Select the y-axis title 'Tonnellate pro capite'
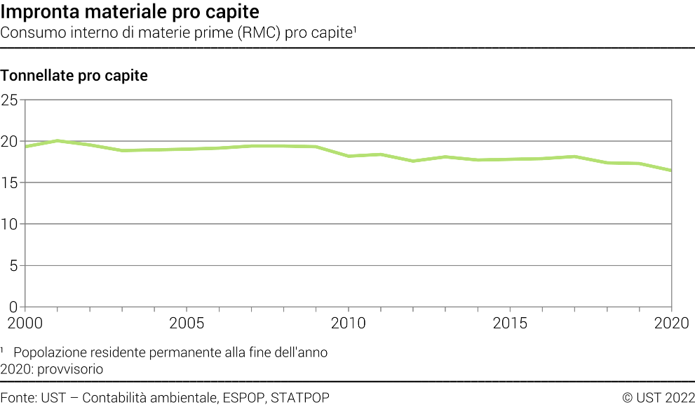tap(74, 76)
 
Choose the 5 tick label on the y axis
tap(13, 266)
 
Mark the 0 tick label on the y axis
tap(13, 307)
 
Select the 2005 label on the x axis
tap(187, 323)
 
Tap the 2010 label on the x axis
tap(349, 323)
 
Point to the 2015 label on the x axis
tap(510, 323)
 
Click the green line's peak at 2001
tap(58, 140)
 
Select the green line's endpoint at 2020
tap(671, 171)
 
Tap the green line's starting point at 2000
tap(25, 147)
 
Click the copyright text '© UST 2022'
tap(658, 398)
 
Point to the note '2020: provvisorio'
tap(52, 368)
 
